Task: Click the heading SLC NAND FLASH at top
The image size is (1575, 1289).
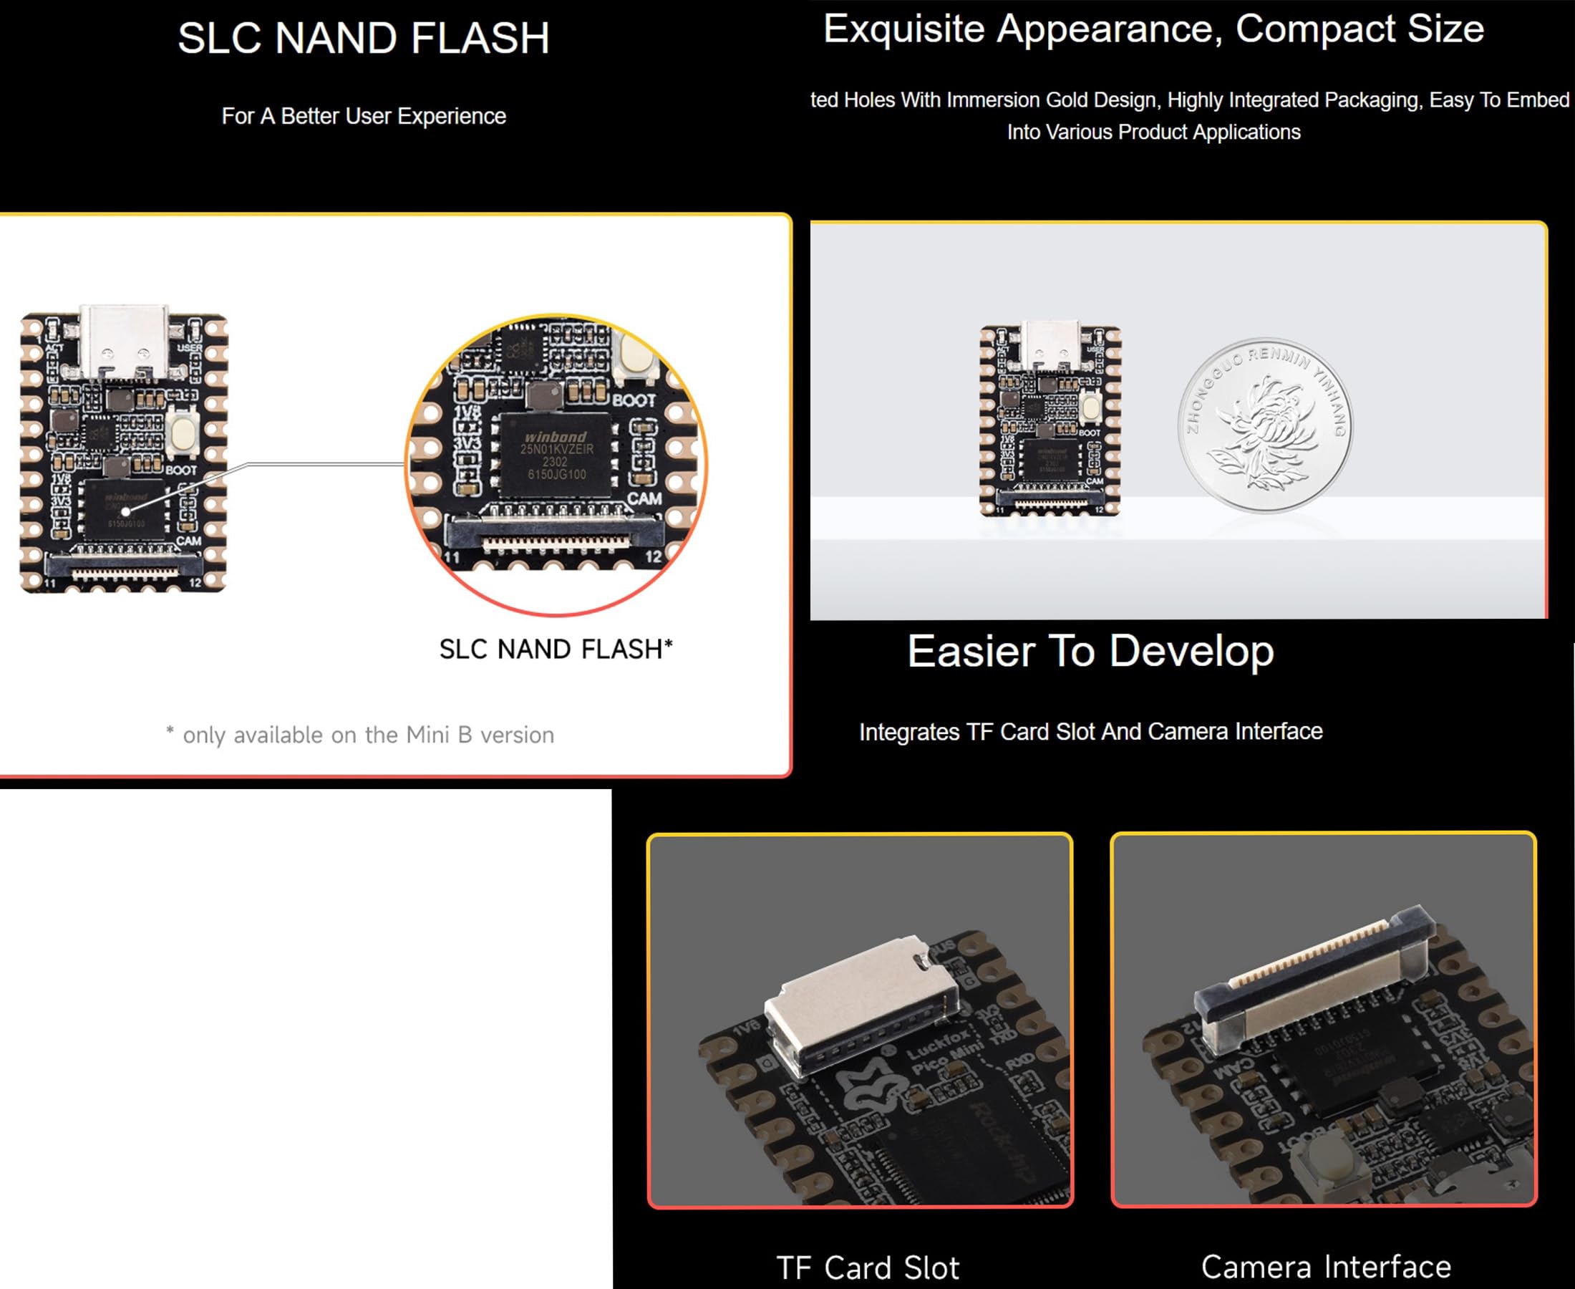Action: pos(363,39)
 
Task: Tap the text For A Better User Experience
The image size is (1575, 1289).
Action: pos(363,117)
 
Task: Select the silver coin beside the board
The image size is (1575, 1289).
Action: pos(1265,425)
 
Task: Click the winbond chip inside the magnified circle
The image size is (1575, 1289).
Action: pos(555,455)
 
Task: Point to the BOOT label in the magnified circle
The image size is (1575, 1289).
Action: pos(633,401)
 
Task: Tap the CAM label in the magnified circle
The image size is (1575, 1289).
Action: pos(644,499)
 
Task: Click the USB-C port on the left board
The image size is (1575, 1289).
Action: pos(124,341)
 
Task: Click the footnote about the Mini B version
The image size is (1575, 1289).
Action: pos(360,735)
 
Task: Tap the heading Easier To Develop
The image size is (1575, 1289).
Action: pos(1090,651)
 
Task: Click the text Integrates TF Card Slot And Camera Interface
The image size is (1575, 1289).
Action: pos(1090,732)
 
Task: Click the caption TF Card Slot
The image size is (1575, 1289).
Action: pos(867,1268)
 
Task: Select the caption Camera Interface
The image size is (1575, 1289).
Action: pos(1326,1267)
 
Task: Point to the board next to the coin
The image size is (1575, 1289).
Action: pos(1050,420)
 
